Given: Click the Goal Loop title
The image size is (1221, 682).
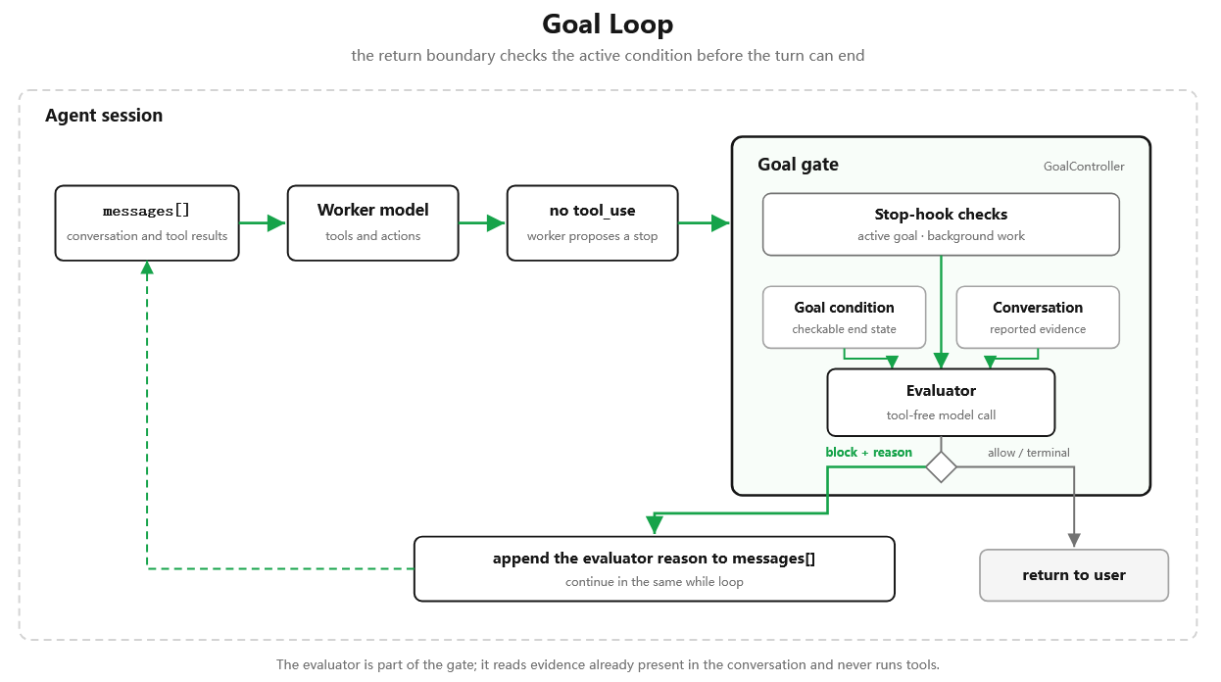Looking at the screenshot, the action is tap(608, 24).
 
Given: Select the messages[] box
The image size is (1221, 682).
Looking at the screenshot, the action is tap(147, 223).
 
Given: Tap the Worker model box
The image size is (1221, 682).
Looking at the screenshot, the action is tap(372, 223).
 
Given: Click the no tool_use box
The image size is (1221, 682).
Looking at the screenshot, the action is tap(592, 223).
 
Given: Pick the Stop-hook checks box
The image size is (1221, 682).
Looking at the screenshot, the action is tap(941, 224).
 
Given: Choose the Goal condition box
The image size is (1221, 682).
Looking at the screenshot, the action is tap(844, 317).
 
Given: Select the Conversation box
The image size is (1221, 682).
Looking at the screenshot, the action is tap(1038, 317).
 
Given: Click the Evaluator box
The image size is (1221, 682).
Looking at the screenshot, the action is tap(941, 403).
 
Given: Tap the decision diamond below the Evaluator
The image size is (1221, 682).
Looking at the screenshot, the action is tap(941, 467).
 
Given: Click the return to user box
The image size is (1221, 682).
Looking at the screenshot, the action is tap(1074, 575).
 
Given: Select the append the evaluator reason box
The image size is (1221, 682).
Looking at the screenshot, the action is tap(655, 568).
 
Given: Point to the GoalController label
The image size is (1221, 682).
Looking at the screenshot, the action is tap(1084, 167).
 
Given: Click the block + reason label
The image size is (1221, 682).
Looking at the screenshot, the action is tap(868, 452).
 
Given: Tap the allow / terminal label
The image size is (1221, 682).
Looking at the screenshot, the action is tap(1029, 453).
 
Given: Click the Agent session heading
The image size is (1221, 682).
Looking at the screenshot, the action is tap(104, 116).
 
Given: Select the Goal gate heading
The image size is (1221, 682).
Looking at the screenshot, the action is tap(798, 164).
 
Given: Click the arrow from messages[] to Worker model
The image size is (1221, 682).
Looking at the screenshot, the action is tap(263, 223).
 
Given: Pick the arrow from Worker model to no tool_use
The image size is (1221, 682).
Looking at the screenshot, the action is tap(482, 223).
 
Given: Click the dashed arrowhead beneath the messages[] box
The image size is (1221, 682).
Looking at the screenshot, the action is tap(147, 268).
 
